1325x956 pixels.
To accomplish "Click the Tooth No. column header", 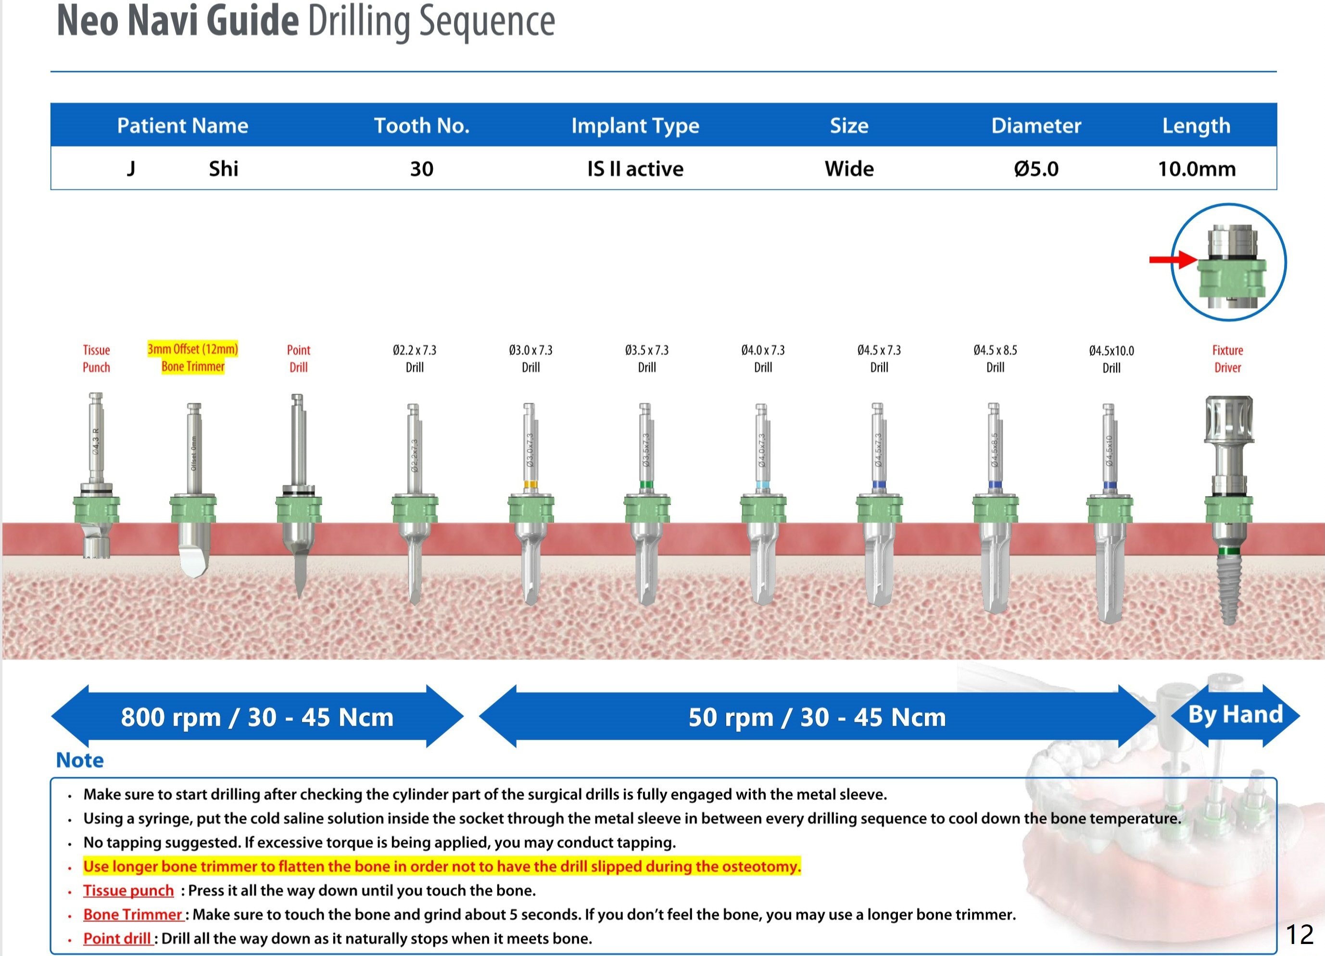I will [x=421, y=125].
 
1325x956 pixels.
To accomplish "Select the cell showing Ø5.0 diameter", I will [x=1036, y=169].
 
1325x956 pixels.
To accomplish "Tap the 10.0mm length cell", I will [x=1197, y=169].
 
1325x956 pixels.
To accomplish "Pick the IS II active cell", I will [x=635, y=169].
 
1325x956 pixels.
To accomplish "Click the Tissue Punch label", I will [x=96, y=359].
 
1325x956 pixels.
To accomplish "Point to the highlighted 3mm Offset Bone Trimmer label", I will [x=193, y=358].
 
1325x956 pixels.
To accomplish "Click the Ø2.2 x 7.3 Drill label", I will [x=414, y=359].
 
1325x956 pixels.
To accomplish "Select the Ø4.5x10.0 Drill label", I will [x=1111, y=359].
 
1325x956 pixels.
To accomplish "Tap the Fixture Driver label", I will [x=1227, y=359].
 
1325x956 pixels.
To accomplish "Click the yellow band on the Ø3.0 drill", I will [x=530, y=484].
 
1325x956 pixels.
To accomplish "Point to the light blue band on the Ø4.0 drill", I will [x=762, y=484].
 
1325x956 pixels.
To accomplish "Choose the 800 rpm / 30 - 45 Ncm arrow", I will [x=257, y=717].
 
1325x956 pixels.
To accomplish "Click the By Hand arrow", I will [x=1235, y=715].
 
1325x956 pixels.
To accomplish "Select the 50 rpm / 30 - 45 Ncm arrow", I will [x=817, y=717].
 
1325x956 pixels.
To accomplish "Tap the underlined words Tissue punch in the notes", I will [x=128, y=890].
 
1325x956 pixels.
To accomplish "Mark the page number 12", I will [x=1300, y=934].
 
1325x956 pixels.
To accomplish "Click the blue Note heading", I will [x=80, y=760].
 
